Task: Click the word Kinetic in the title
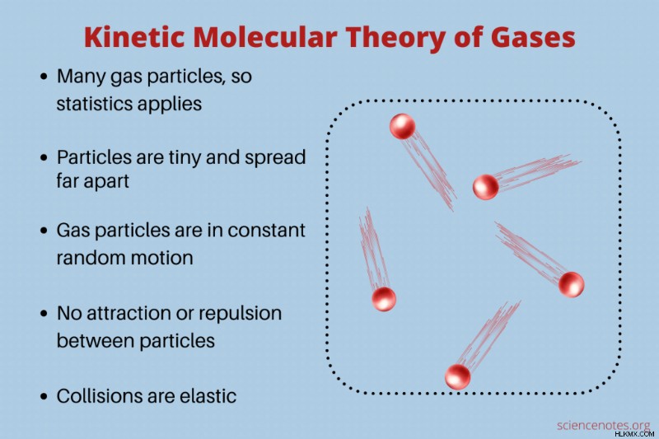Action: point(134,37)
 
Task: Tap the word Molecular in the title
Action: point(265,37)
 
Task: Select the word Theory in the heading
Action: point(395,39)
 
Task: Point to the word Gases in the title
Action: point(532,37)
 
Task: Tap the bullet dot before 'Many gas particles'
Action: point(44,77)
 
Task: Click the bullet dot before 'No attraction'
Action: point(44,314)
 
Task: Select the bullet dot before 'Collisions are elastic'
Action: point(44,396)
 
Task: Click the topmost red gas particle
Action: point(402,127)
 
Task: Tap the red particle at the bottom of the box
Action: point(457,377)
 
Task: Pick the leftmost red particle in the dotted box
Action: point(384,300)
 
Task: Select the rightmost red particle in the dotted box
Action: point(571,284)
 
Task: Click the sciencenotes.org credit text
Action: point(603,425)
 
